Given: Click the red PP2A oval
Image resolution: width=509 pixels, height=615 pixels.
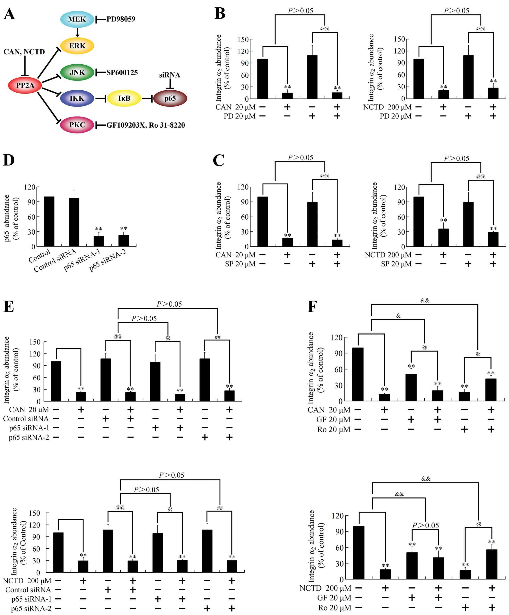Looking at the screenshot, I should point(25,85).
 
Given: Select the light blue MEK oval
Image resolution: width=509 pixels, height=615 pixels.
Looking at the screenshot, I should point(77,19).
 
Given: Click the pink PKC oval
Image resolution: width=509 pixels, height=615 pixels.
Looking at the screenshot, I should point(77,125).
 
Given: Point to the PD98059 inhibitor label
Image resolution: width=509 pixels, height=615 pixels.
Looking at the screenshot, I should point(121,19).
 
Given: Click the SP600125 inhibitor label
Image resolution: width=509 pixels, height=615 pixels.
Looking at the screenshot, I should point(122,73).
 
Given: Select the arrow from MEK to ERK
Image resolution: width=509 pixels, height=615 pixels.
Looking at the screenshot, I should point(77,32).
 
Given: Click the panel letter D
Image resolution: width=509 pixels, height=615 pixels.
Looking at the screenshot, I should point(9,160).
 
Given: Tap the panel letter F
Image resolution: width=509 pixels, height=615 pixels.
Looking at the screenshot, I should point(312,307).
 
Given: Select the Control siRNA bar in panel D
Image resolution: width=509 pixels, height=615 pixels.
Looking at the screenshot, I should point(74,222).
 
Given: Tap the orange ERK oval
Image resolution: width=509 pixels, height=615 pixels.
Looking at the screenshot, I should point(77,46).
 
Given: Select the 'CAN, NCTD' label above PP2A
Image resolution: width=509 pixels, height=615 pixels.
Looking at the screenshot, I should point(24,52).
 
